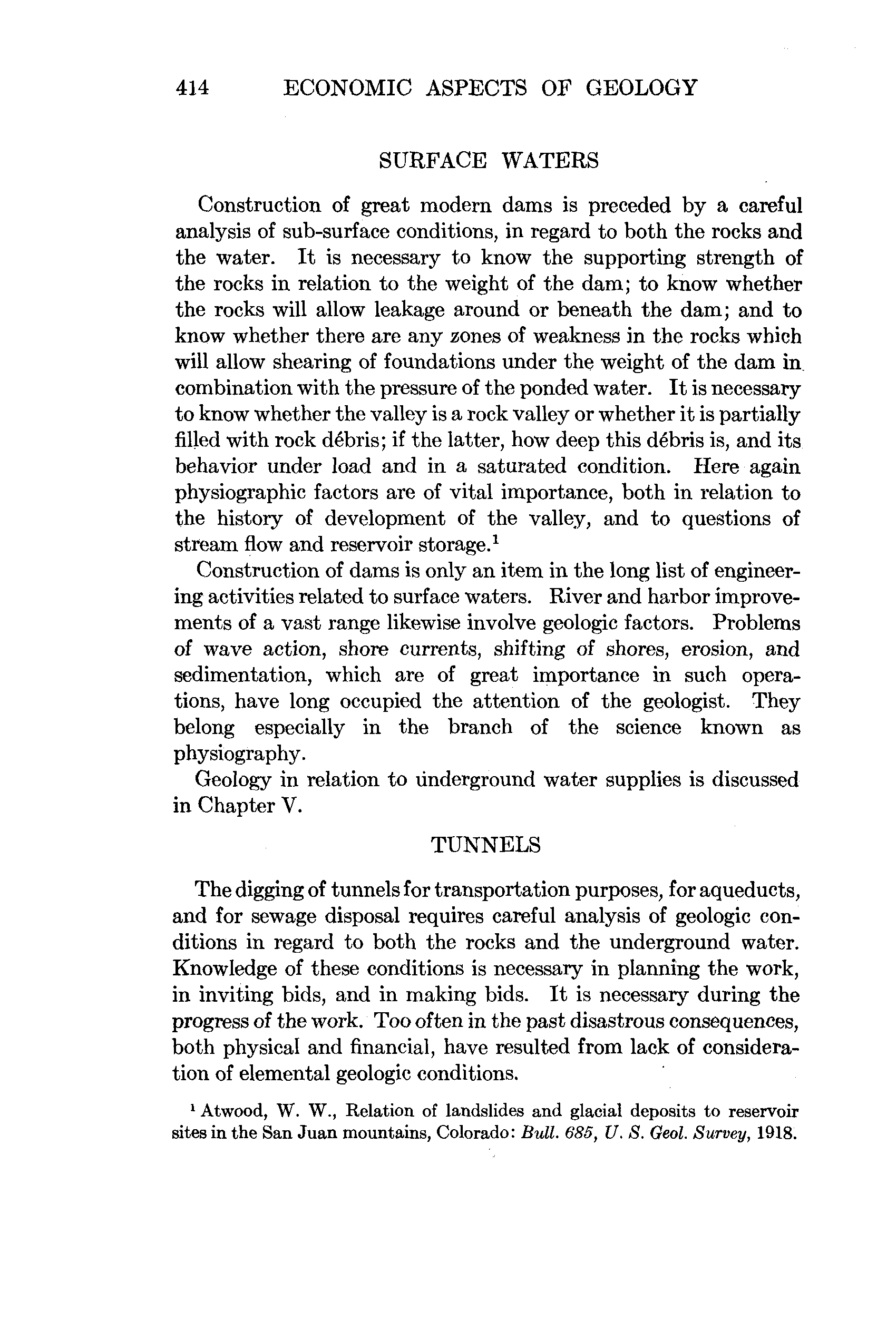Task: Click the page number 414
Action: point(192,88)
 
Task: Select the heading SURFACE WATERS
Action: point(488,161)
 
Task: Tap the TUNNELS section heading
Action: point(486,845)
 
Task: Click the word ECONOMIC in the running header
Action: point(347,88)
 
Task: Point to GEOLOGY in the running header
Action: point(641,88)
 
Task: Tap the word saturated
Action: point(522,467)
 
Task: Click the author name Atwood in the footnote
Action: point(233,1111)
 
